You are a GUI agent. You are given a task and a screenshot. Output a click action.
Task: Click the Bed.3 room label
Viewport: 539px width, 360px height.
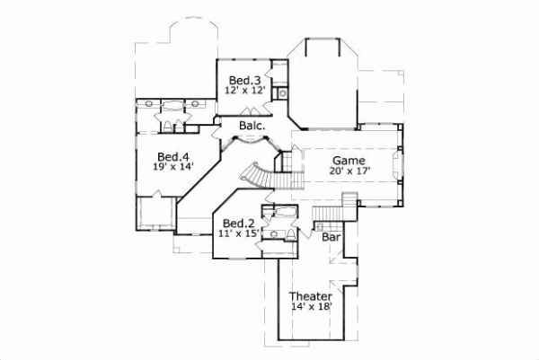click(243, 79)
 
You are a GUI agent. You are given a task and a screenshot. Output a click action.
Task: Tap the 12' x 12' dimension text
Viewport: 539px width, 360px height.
click(244, 91)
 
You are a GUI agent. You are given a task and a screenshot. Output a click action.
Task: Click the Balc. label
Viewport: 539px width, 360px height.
click(252, 127)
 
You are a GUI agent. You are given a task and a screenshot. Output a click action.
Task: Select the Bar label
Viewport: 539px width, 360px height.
click(331, 238)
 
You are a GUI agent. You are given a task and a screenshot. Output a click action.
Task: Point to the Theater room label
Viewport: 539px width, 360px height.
click(311, 296)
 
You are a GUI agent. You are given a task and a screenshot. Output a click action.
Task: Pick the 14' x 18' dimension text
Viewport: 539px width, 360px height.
click(311, 308)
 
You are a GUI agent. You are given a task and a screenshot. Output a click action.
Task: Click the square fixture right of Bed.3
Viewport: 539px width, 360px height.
click(281, 92)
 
